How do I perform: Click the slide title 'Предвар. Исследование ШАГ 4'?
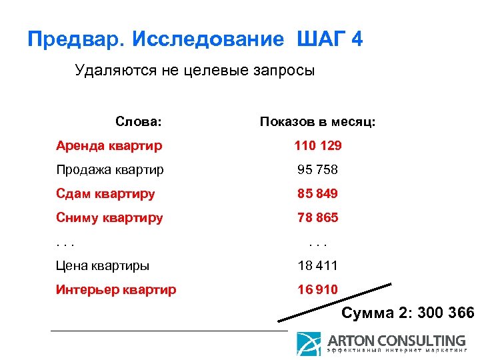point(195,39)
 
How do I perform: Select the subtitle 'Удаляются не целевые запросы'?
point(195,70)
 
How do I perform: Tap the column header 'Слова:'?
point(138,122)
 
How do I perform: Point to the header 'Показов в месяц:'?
point(318,122)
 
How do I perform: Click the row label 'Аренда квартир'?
point(109,145)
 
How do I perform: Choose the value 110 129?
point(318,145)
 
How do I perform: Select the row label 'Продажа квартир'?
point(110,169)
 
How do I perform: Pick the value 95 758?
point(318,169)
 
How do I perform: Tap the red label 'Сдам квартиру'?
point(106,193)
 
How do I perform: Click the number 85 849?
point(318,193)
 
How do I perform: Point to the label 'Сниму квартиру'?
point(109,217)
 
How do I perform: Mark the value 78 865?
point(318,217)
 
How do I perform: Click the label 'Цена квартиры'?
point(103,265)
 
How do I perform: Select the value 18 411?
point(318,265)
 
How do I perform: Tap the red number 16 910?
point(318,289)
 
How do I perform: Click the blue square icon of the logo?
point(308,343)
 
